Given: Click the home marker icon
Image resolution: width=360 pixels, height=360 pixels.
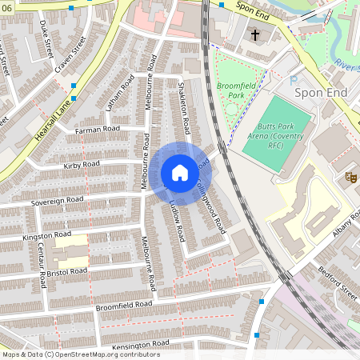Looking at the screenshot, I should tap(180, 173).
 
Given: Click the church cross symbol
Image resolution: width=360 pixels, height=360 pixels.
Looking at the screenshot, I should tap(255, 35).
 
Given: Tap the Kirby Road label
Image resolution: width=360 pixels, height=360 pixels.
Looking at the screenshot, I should tap(81, 164).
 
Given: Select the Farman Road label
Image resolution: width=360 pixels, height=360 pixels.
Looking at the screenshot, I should tap(97, 129).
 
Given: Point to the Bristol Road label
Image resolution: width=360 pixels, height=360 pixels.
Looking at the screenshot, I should tap(66, 272).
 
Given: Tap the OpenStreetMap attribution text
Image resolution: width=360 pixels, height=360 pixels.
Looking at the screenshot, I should tap(81, 354).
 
